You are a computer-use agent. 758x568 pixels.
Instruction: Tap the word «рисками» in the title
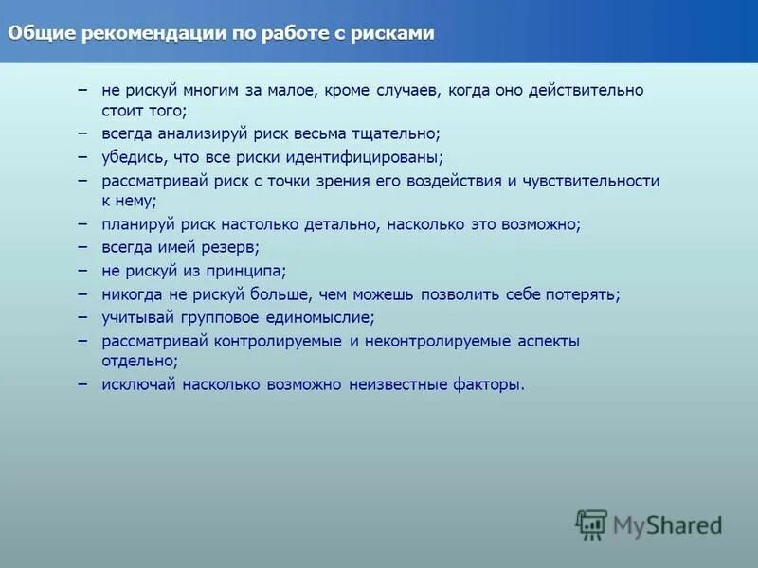pyautogui.click(x=391, y=34)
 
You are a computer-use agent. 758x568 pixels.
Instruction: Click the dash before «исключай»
pyautogui.click(x=82, y=384)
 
